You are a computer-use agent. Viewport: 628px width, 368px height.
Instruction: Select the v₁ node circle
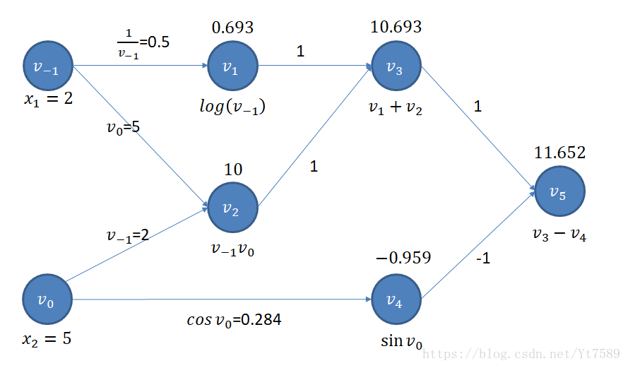232,66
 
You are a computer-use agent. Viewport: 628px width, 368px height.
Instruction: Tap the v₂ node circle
232,208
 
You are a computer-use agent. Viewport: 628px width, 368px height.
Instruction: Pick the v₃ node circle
396,66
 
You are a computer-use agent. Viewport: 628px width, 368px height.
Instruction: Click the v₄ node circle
396,299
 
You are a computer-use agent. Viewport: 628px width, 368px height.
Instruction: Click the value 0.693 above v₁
232,28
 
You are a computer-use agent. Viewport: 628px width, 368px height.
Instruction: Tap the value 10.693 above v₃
396,27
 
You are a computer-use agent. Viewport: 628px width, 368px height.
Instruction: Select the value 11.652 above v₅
560,153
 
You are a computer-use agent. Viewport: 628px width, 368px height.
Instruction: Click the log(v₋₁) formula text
232,107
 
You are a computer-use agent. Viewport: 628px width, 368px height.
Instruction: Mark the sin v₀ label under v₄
401,342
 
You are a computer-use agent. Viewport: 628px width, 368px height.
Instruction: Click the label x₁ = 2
48,100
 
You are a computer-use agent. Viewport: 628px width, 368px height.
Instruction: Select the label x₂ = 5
47,339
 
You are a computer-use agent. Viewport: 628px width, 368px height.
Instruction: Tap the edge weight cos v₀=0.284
234,320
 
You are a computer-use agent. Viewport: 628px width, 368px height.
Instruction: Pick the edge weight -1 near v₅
483,259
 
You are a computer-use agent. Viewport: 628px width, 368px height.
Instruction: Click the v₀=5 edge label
124,128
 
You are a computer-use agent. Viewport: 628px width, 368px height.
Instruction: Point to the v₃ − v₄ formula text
559,235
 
